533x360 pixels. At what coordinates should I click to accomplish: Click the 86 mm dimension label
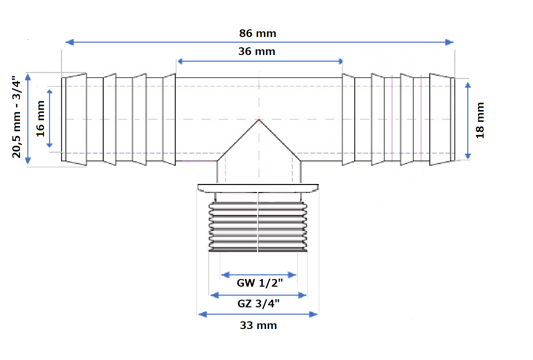point(257,34)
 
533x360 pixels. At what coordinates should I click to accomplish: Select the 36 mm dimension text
point(257,52)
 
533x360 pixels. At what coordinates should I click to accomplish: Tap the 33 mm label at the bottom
point(258,326)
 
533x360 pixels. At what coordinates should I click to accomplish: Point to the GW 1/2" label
point(259,283)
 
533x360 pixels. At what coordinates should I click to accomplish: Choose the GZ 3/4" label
point(258,304)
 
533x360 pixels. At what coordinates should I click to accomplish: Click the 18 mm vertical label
point(480,120)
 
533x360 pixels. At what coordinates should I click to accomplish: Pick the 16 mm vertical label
point(40,119)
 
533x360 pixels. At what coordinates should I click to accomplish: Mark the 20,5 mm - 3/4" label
point(17,117)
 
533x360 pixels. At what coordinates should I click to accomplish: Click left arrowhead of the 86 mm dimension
point(69,42)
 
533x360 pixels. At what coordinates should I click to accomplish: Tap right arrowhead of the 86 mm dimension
point(450,42)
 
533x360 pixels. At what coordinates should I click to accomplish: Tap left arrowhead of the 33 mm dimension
point(202,314)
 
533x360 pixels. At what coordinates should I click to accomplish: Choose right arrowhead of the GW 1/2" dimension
point(292,275)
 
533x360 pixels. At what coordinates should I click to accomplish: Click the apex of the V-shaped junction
point(259,120)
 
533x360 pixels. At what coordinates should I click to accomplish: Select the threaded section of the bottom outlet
point(258,227)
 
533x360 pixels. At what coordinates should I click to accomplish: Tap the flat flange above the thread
point(258,188)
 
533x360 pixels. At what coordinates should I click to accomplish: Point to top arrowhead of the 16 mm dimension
point(49,92)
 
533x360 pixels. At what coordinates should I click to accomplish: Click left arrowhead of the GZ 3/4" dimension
point(215,295)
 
